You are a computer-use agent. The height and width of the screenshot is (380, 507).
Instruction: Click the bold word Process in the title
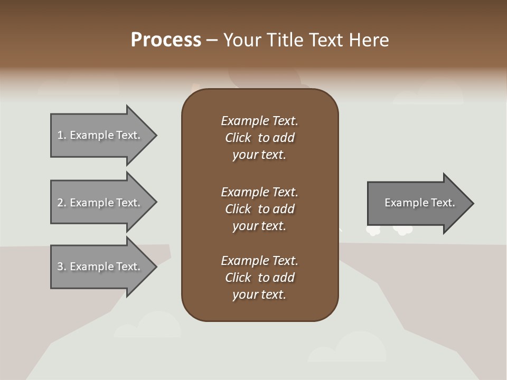point(166,40)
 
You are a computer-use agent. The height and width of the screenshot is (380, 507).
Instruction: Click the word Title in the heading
point(285,40)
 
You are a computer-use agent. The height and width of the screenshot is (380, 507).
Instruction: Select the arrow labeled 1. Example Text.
point(100,135)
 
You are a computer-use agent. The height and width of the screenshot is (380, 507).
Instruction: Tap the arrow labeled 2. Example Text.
point(100,203)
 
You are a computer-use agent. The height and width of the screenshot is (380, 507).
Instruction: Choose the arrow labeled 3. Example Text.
point(100,267)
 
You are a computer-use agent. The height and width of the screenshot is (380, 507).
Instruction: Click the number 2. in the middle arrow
point(62,203)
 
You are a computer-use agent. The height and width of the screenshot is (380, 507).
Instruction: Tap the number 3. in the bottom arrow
point(62,267)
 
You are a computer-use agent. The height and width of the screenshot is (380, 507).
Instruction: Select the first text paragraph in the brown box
point(259,138)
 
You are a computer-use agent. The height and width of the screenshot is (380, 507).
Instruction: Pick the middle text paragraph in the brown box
point(259,209)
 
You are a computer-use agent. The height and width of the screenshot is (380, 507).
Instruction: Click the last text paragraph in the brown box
point(259,278)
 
